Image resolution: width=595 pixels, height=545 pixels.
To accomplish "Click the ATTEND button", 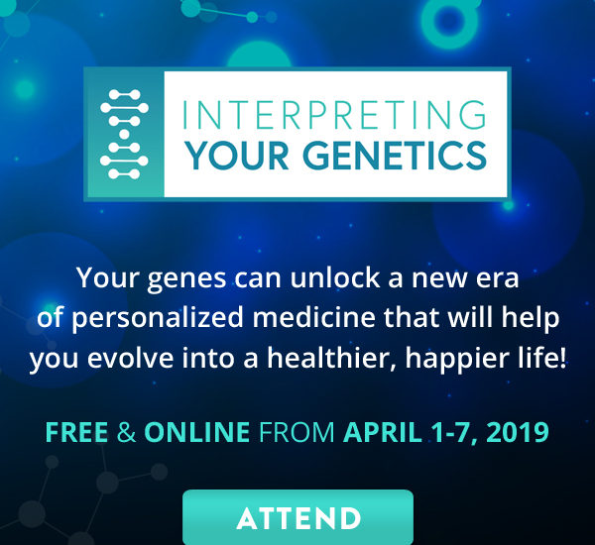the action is [297, 517].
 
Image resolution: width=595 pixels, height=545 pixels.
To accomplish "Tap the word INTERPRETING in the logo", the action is [334, 114].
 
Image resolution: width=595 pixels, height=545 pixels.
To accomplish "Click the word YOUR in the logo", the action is [238, 156].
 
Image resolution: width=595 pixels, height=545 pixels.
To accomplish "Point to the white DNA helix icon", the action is [124, 134].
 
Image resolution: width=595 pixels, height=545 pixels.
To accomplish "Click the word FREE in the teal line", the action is [76, 432].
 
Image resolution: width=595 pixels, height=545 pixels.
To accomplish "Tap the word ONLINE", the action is [197, 432].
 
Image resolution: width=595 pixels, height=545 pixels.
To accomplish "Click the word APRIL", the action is [383, 432].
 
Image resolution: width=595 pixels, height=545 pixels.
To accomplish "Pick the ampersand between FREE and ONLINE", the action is [126, 432].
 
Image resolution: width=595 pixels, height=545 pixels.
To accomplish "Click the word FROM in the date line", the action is [297, 432].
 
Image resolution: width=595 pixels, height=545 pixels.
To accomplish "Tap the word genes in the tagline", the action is [186, 279].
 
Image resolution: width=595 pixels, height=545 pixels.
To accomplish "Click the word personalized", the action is [158, 319].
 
